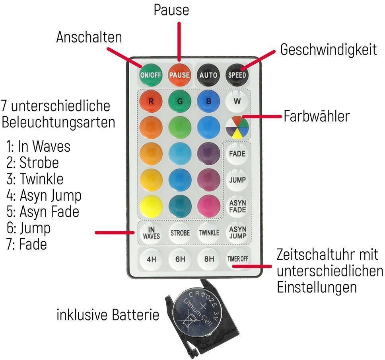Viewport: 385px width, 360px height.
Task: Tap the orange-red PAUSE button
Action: click(x=179, y=74)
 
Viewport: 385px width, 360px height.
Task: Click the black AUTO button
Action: click(x=208, y=74)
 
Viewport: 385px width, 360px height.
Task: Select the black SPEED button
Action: click(x=237, y=74)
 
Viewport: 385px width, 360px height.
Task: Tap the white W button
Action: click(x=237, y=101)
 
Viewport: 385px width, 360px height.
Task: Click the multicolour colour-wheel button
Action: click(x=237, y=127)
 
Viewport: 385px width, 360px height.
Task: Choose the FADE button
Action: click(x=237, y=154)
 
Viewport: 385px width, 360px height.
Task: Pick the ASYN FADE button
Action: click(x=237, y=206)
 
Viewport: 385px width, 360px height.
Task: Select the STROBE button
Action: click(x=180, y=233)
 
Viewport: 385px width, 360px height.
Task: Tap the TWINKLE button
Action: click(x=209, y=233)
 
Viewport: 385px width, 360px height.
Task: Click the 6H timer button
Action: click(x=180, y=259)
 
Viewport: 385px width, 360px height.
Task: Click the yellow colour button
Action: click(x=151, y=206)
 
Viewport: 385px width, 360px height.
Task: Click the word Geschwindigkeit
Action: click(x=328, y=50)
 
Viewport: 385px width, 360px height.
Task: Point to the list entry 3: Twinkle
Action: click(x=35, y=179)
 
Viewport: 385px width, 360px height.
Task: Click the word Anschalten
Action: click(x=89, y=37)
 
